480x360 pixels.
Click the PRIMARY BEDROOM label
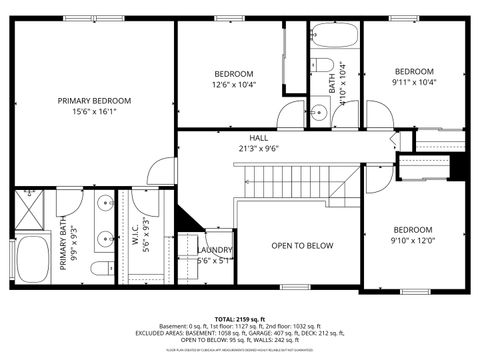(x=95, y=101)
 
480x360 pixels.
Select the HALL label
(x=259, y=138)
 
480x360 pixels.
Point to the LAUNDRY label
(x=215, y=250)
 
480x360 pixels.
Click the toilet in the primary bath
(x=100, y=268)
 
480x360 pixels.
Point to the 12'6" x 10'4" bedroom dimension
(x=234, y=85)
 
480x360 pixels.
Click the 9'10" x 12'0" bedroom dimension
(x=413, y=241)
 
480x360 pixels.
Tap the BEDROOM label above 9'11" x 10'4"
(x=414, y=71)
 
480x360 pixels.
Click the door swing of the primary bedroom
(x=162, y=172)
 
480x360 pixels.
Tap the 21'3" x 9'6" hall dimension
(x=259, y=149)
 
